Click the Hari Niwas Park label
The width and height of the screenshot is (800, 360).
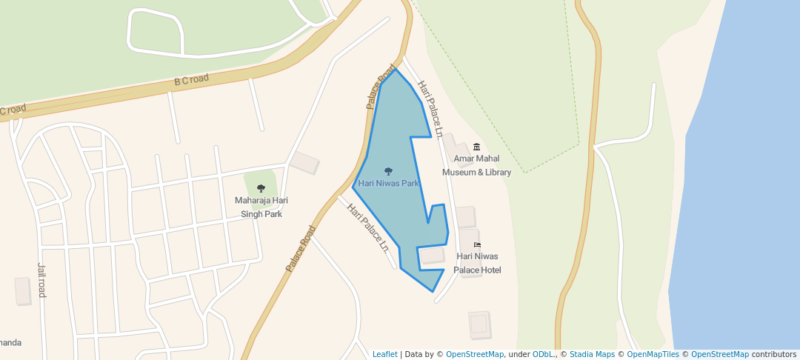(x=389, y=183)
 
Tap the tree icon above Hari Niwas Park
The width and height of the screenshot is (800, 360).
(x=389, y=172)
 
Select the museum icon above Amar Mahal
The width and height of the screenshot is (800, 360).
(x=476, y=147)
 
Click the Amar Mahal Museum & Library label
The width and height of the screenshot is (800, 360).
(x=476, y=165)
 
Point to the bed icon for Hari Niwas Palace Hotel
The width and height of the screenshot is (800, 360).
(x=477, y=245)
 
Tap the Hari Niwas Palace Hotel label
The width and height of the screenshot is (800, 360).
(x=478, y=263)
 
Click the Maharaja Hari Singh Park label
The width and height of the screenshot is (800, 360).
(x=261, y=207)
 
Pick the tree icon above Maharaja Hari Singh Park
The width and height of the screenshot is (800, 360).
(x=261, y=189)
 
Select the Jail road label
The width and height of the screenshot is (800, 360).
(x=41, y=280)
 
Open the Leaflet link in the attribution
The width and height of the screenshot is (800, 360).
(x=384, y=354)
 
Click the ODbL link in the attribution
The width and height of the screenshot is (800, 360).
(x=542, y=354)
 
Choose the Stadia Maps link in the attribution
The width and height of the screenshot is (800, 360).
(x=591, y=354)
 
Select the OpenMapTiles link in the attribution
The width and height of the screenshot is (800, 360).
(x=653, y=354)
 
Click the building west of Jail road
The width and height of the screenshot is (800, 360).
(x=23, y=291)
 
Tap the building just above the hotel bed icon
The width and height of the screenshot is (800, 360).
(x=465, y=217)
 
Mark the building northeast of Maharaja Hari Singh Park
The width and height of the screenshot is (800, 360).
(x=304, y=163)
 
